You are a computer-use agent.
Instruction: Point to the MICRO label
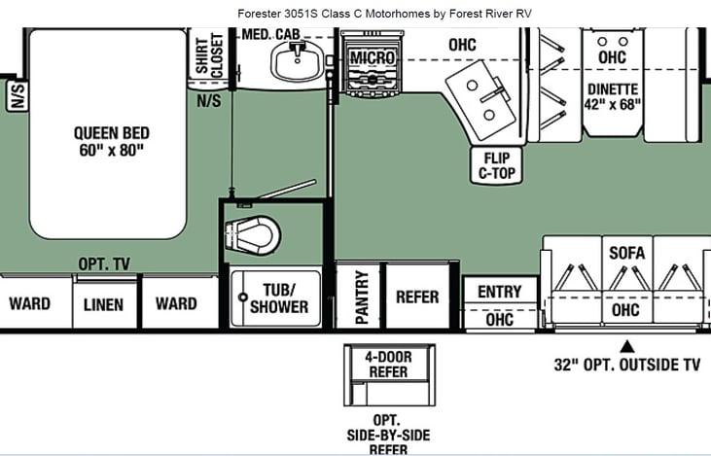pyautogui.click(x=373, y=58)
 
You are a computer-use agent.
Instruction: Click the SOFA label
pyautogui.click(x=627, y=253)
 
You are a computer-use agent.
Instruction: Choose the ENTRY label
pyautogui.click(x=500, y=291)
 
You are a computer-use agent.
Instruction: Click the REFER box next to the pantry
pyautogui.click(x=416, y=297)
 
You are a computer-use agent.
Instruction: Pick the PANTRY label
pyautogui.click(x=361, y=298)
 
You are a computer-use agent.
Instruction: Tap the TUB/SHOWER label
pyautogui.click(x=278, y=298)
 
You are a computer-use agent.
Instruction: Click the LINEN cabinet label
pyautogui.click(x=103, y=304)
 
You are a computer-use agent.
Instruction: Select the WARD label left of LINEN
pyautogui.click(x=30, y=303)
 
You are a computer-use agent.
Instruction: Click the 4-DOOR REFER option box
pyautogui.click(x=388, y=365)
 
